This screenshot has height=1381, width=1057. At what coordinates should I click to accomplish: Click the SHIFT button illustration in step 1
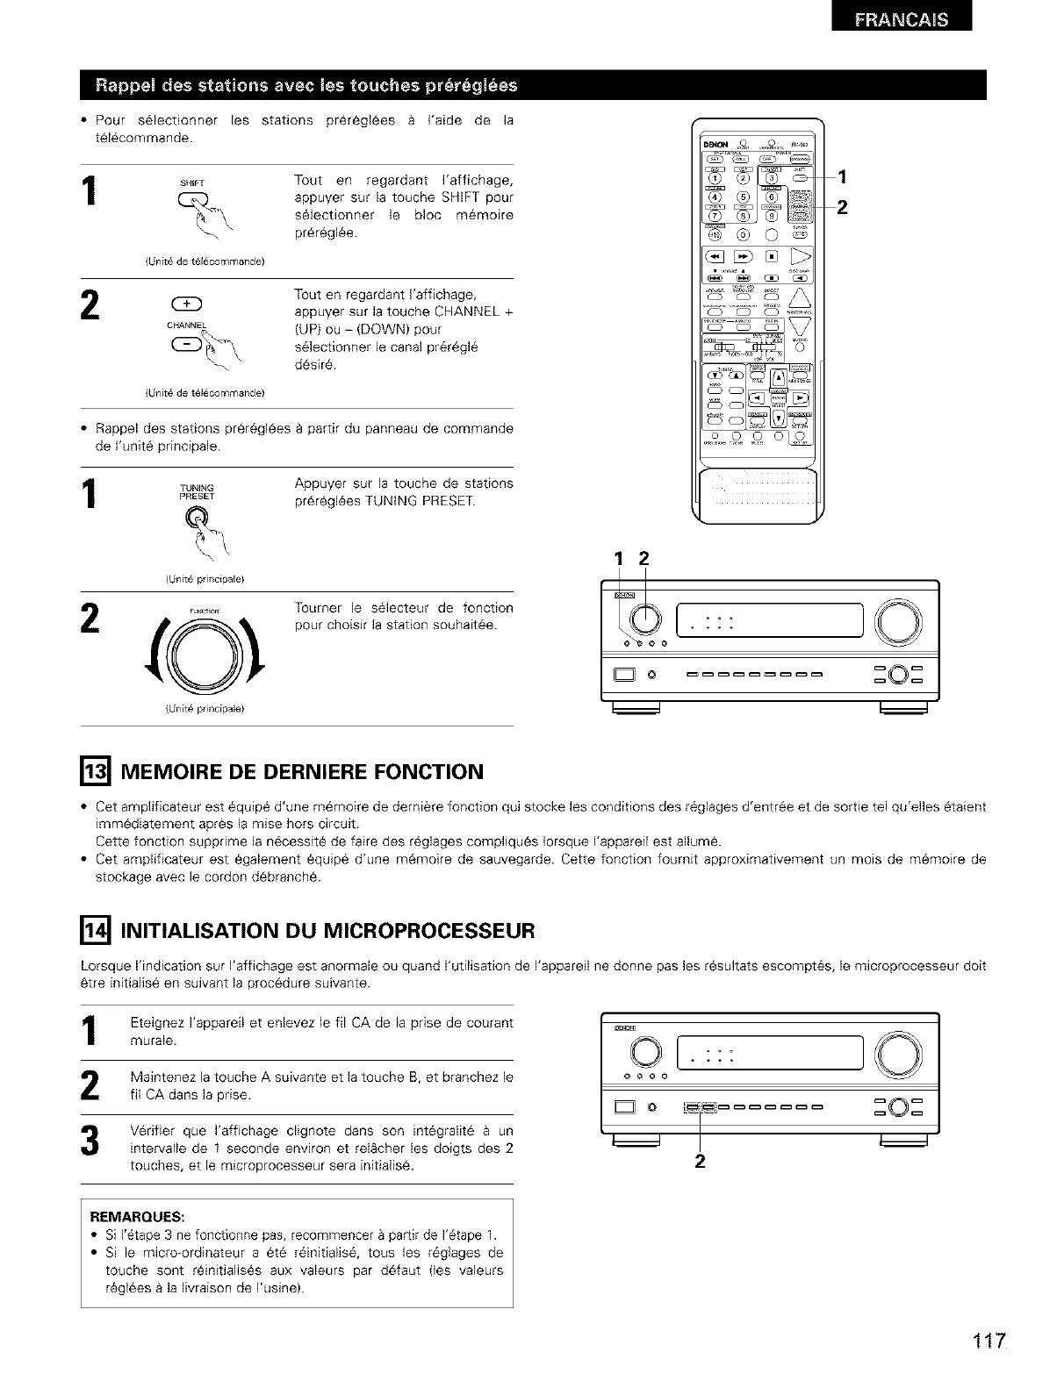click(x=191, y=199)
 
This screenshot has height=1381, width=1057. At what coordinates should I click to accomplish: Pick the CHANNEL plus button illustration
click(x=191, y=305)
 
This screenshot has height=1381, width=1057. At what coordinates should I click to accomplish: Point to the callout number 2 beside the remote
click(x=840, y=209)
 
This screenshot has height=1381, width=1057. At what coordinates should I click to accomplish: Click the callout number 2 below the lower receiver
click(x=700, y=1163)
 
